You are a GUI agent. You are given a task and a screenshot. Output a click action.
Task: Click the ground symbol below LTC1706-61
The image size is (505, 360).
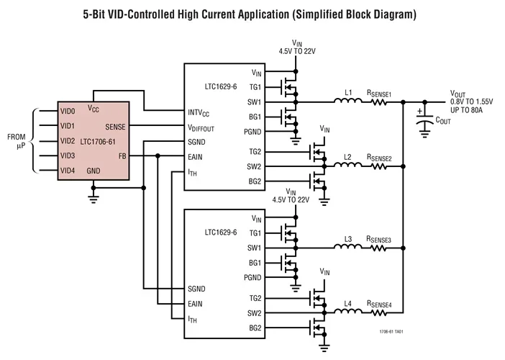point(94,192)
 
